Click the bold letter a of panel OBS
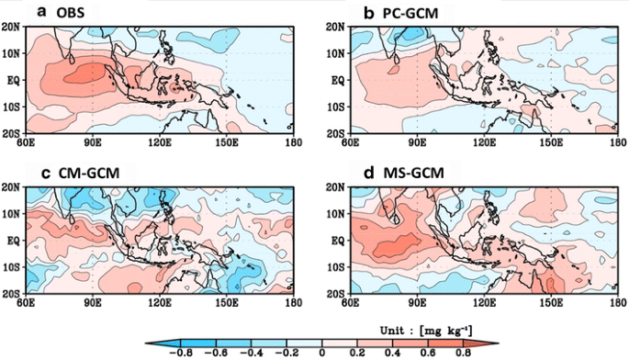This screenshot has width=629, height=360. click(x=40, y=12)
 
